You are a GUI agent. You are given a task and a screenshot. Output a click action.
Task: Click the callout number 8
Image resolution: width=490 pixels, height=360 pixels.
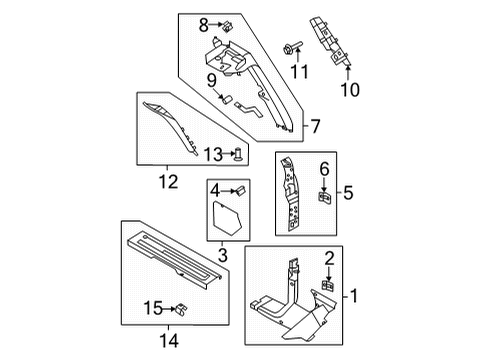pos(202,24)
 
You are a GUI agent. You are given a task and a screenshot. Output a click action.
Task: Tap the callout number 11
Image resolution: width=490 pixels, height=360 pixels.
pos(295,71)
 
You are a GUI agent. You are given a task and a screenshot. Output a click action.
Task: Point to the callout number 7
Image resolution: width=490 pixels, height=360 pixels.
pos(317,127)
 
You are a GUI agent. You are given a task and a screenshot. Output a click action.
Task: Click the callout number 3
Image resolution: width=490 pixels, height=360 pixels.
pos(222,256)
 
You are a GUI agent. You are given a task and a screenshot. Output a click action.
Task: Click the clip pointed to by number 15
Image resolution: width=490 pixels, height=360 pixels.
pos(180,307)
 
